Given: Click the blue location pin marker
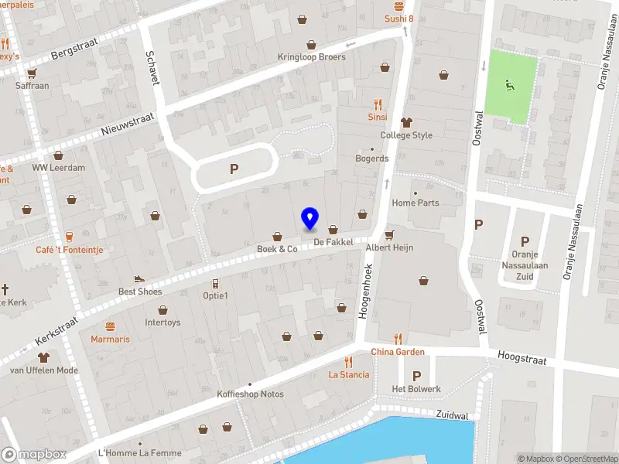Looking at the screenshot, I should [309, 219].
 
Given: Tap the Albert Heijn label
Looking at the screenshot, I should [389, 247].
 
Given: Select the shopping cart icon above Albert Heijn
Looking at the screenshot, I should [389, 234].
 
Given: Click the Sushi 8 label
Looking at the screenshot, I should [399, 19].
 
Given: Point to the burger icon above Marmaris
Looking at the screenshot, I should [110, 326].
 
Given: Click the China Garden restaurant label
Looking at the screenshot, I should [398, 352].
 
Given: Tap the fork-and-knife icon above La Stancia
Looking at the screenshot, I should [348, 361].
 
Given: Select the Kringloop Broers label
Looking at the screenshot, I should [312, 57].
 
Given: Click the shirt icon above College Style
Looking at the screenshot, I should [406, 122].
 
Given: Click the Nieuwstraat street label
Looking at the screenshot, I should [128, 125].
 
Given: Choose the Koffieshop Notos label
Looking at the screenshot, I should [250, 394].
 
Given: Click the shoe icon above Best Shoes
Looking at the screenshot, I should [139, 279].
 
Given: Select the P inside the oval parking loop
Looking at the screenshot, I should [234, 169].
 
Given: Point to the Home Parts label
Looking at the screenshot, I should [416, 203].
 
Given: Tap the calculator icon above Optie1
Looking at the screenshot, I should [215, 283].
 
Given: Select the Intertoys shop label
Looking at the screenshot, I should [162, 322].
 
